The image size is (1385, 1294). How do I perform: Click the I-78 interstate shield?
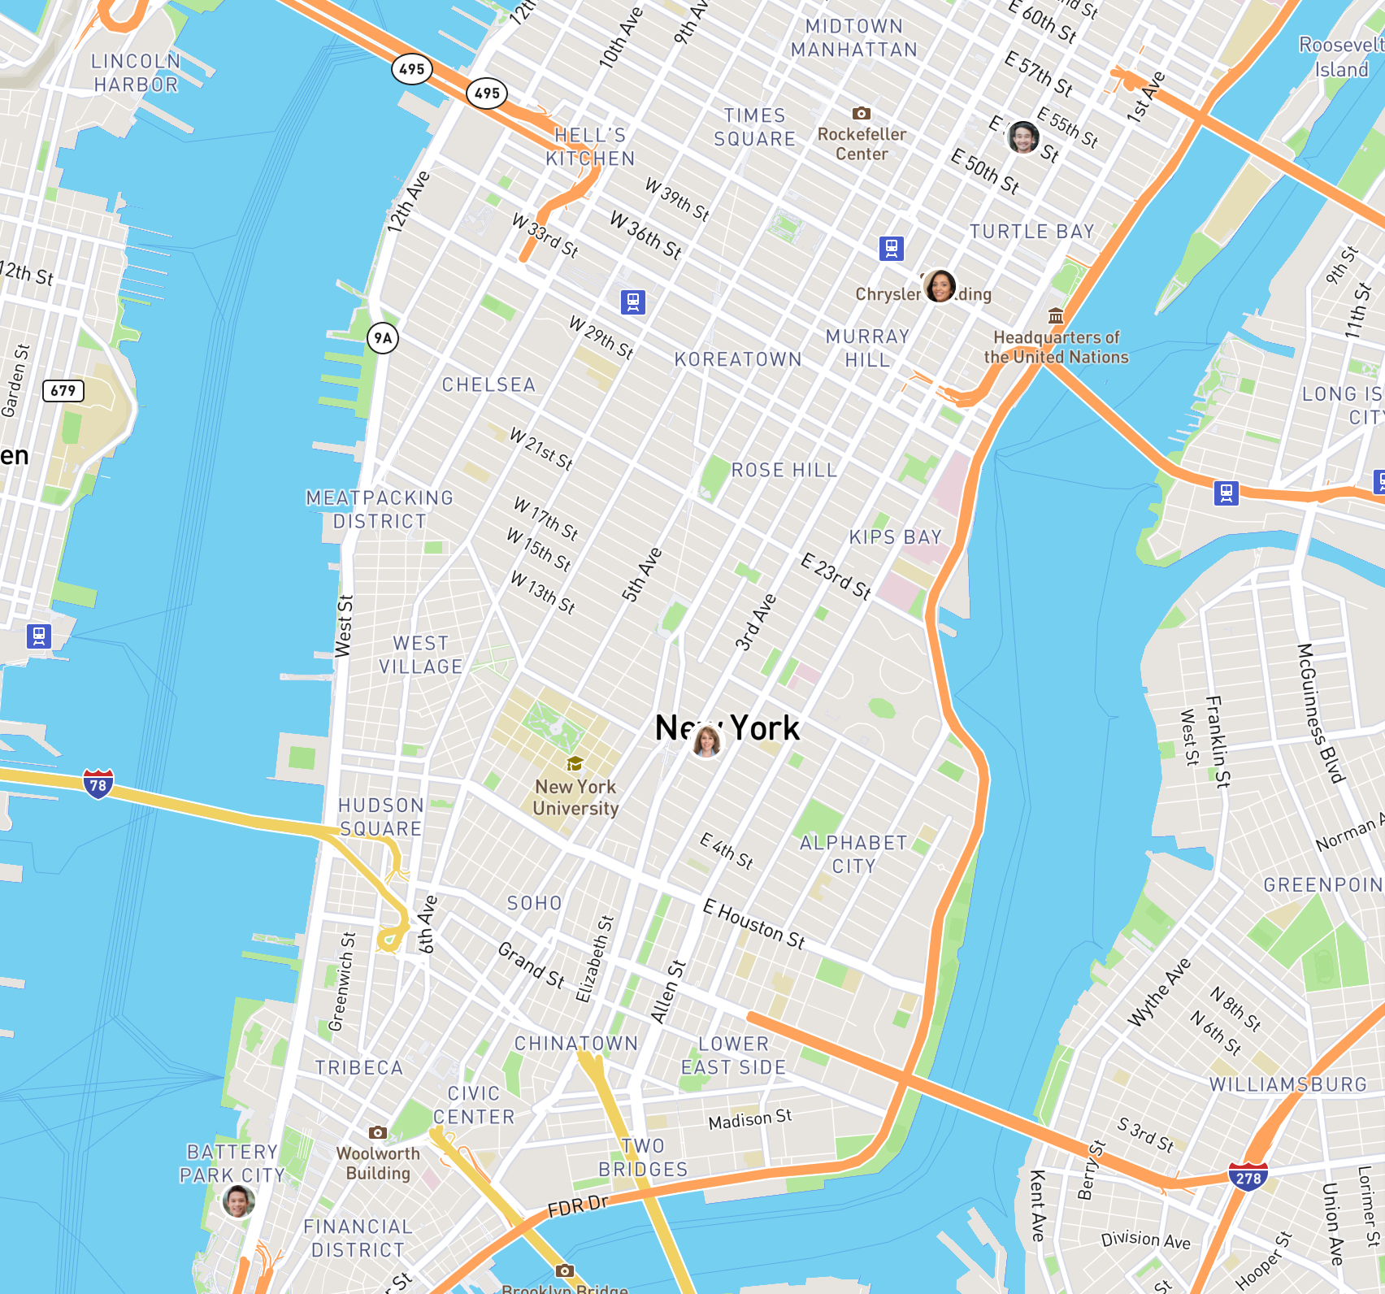tap(98, 784)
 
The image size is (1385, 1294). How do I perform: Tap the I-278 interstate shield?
tap(1248, 1177)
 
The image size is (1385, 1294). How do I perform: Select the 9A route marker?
tap(383, 338)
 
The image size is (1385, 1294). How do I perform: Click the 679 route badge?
tap(63, 391)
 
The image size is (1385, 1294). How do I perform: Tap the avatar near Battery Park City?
tap(238, 1201)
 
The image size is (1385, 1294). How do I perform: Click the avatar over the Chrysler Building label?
tap(940, 286)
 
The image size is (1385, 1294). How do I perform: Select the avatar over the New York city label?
tap(706, 741)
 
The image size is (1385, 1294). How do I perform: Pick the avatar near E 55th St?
tap(1022, 137)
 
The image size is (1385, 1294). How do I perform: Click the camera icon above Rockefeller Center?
tap(862, 113)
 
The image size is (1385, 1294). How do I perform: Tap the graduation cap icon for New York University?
tap(575, 763)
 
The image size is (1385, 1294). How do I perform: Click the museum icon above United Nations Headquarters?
tap(1055, 315)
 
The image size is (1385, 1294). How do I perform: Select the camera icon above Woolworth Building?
tap(377, 1132)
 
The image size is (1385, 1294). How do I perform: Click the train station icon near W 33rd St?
tap(633, 302)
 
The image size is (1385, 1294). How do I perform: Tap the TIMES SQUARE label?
tap(754, 128)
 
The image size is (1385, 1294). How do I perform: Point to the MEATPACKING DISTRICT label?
tap(380, 510)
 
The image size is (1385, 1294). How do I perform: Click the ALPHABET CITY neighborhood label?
tap(853, 854)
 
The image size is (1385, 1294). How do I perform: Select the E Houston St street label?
tap(753, 924)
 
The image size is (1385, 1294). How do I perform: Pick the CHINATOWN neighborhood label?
tap(575, 1043)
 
